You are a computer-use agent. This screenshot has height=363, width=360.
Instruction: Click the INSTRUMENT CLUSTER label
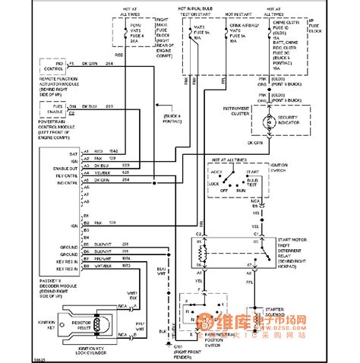pos(226,112)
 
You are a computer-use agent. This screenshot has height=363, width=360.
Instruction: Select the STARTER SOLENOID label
pos(284,311)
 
